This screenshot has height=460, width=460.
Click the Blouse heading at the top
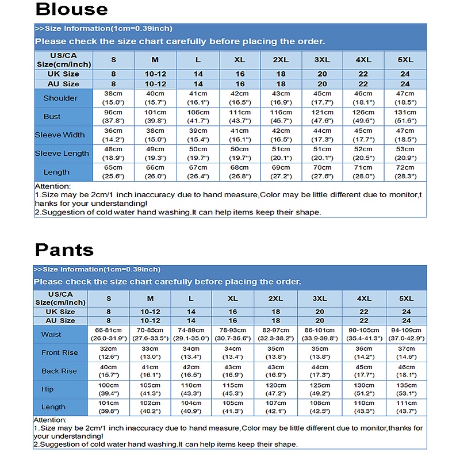pyautogui.click(x=71, y=10)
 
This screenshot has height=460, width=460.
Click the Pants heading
pyautogui.click(x=64, y=250)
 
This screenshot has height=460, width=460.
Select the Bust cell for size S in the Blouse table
pyautogui.click(x=113, y=117)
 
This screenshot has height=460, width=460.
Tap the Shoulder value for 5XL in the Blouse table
pyautogui.click(x=405, y=98)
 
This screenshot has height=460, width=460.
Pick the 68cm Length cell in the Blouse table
pyautogui.click(x=239, y=172)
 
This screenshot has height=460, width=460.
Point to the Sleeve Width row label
pyautogui.click(x=59, y=135)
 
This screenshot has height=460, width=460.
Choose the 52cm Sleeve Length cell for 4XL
pyautogui.click(x=363, y=154)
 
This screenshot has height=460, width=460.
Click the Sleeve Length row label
pyautogui.click(x=62, y=154)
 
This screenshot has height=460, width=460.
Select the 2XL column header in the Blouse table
pyautogui.click(x=281, y=60)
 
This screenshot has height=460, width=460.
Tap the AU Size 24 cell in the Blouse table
pyautogui.click(x=405, y=84)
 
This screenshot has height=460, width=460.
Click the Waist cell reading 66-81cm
pyautogui.click(x=109, y=335)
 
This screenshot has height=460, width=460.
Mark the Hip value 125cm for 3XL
pyautogui.click(x=319, y=389)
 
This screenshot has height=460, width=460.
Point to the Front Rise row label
pyautogui.click(x=59, y=352)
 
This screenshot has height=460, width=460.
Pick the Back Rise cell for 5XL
pyautogui.click(x=406, y=371)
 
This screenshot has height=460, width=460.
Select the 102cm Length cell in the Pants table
pyautogui.click(x=150, y=407)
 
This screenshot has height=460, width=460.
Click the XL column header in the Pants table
pyautogui.click(x=232, y=298)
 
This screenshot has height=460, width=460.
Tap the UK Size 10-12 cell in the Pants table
pyautogui.click(x=150, y=312)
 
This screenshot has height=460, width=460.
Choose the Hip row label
pyautogui.click(x=48, y=389)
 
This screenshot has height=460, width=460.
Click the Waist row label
pyautogui.click(x=51, y=335)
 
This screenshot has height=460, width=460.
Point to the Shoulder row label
pyautogui.click(x=60, y=98)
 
